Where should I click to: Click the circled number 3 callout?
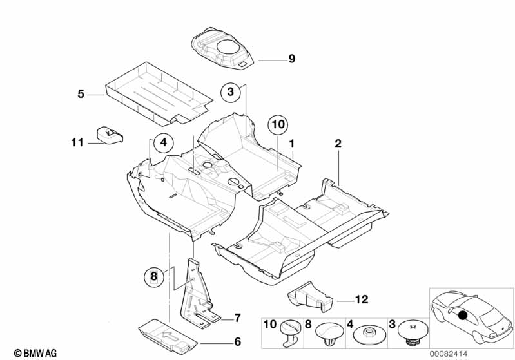[x=231, y=91]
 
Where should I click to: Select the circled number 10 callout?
[x=278, y=125]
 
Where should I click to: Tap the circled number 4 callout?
[x=164, y=142]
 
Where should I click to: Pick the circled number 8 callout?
[x=154, y=276]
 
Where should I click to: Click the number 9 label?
[x=291, y=59]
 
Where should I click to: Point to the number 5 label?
[x=81, y=94]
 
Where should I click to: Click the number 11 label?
[x=77, y=142]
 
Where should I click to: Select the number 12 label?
[x=362, y=299]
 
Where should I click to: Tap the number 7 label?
[x=237, y=317]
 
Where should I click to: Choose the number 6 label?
[x=237, y=341]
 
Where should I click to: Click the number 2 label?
[x=338, y=144]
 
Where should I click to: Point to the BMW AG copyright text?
[x=35, y=353]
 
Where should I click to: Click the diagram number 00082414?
[x=449, y=354]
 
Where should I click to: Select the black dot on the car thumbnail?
[x=462, y=316]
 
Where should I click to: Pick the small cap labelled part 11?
[x=110, y=135]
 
